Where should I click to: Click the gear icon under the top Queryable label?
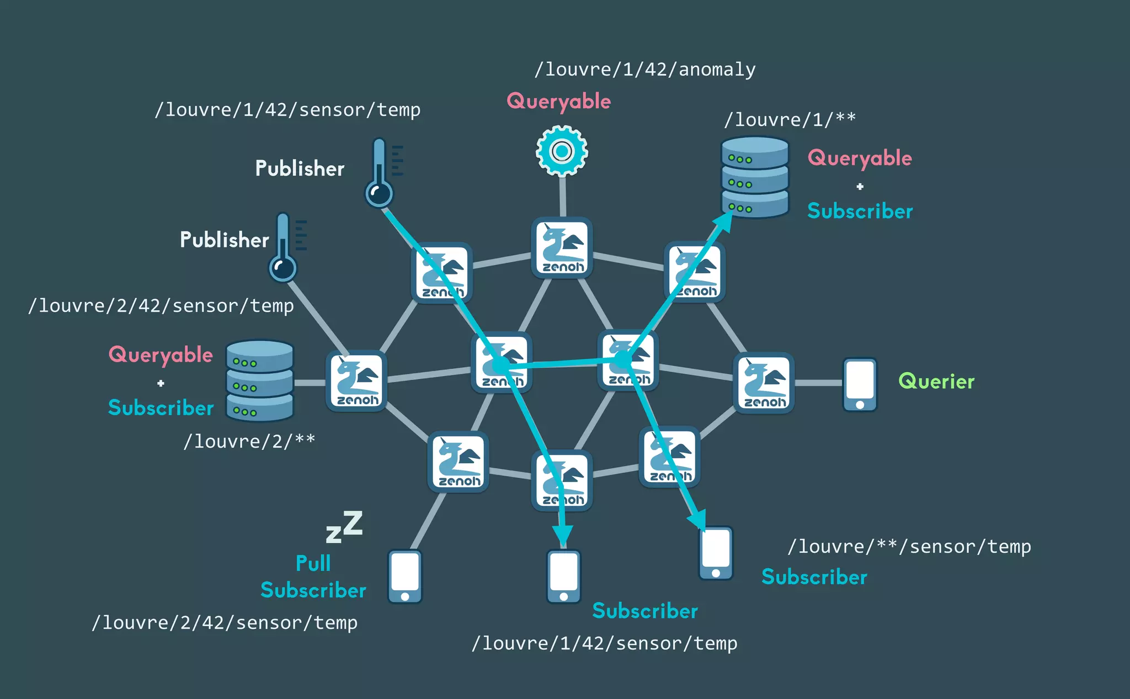point(562,151)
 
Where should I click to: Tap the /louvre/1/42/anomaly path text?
point(645,70)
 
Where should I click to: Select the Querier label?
point(936,382)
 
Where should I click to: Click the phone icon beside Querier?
point(860,385)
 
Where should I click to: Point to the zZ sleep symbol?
point(344,527)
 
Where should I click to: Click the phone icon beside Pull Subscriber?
point(405,576)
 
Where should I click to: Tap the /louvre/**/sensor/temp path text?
point(909,547)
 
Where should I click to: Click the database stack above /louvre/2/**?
point(260,380)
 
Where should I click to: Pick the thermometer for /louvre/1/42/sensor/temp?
point(380,172)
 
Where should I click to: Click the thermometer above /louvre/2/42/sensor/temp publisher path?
point(283,247)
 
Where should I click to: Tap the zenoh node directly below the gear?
point(562,247)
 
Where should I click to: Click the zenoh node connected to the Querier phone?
point(764,383)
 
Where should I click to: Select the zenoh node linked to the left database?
point(357,381)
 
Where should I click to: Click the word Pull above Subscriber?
point(313,563)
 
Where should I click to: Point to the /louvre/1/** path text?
point(790,119)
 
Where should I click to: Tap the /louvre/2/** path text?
point(249,441)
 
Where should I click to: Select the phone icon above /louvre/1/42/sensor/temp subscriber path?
point(563,576)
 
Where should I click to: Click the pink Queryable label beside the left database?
point(161,355)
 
